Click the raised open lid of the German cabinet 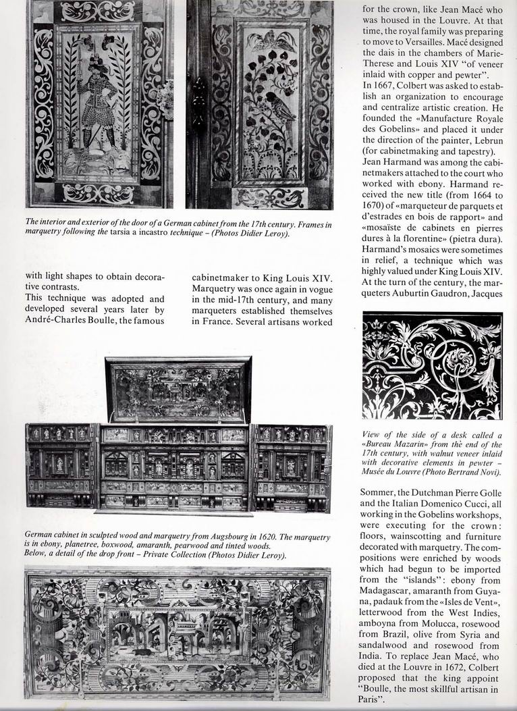click(x=178, y=390)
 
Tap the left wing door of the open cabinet click(x=60, y=465)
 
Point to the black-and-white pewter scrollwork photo click(x=432, y=365)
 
